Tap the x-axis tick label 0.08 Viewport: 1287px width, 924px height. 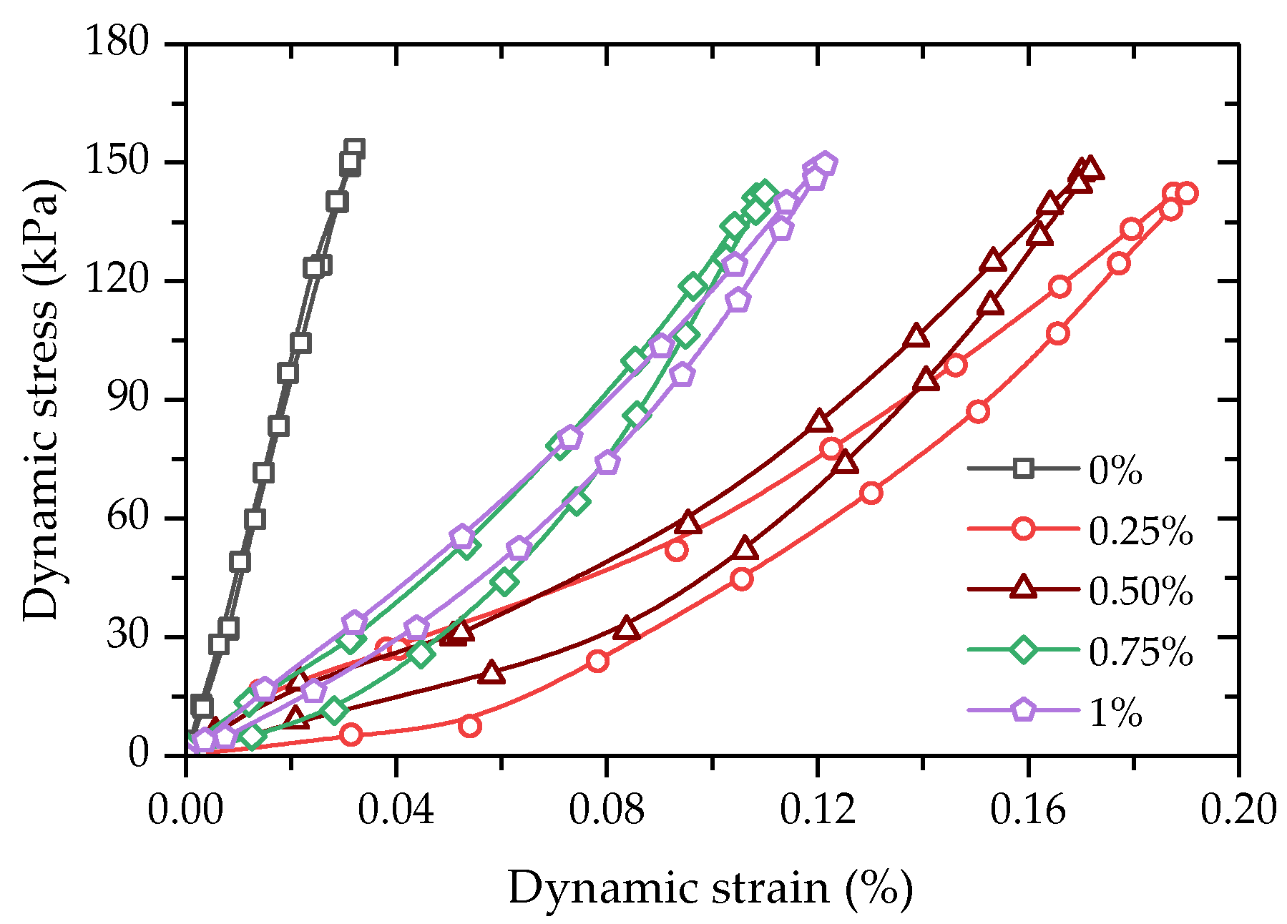pos(606,810)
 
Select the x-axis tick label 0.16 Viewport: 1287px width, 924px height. pos(1028,810)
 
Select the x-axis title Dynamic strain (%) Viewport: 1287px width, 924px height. pos(710,889)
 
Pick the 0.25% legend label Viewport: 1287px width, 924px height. pos(1140,531)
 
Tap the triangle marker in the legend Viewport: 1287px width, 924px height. pos(1024,588)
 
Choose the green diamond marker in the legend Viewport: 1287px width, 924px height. pos(1024,649)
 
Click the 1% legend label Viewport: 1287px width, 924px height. pos(1115,712)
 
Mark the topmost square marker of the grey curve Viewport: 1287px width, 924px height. pos(354,149)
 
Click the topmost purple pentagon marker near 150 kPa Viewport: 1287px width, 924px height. pos(825,163)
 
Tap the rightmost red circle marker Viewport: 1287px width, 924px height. pos(1187,193)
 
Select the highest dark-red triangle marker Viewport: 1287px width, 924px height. pos(1090,169)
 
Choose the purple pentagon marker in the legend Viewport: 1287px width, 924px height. pos(1024,709)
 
